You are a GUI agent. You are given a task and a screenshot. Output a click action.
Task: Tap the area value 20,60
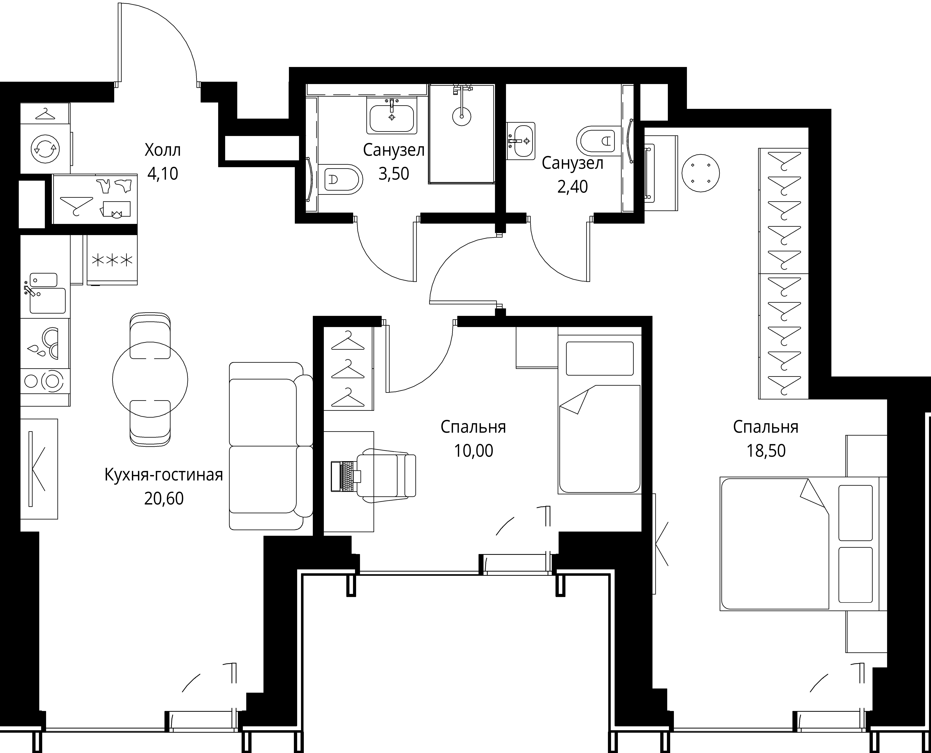pos(164,498)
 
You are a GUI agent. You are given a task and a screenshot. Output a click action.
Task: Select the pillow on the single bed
pos(599,358)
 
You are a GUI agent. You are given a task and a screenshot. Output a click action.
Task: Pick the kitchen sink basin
pos(47,300)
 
